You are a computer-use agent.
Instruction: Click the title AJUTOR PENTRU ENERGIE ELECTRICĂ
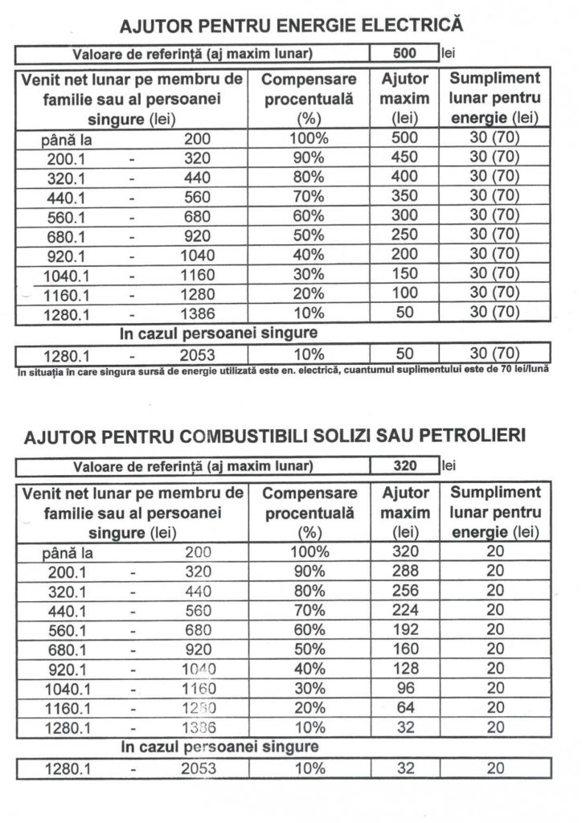(291, 27)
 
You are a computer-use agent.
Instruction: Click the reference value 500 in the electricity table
(404, 55)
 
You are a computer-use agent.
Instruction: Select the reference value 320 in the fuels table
(404, 466)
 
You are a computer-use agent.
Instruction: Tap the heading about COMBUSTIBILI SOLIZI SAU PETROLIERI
(275, 437)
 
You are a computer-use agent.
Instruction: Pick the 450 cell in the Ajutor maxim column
(404, 157)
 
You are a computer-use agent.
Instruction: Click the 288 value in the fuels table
(404, 571)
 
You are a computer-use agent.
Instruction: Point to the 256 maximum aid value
(404, 591)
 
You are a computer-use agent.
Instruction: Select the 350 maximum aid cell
(404, 196)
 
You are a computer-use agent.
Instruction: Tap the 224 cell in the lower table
(404, 610)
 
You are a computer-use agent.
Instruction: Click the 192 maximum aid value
(404, 629)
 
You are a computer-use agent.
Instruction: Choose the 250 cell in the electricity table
(404, 235)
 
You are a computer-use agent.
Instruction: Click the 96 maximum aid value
(404, 688)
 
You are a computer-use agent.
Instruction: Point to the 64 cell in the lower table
(404, 707)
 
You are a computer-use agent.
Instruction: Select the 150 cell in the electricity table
(404, 274)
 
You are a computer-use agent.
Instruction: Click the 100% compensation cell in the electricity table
(309, 137)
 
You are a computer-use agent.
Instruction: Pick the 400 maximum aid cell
(404, 177)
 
